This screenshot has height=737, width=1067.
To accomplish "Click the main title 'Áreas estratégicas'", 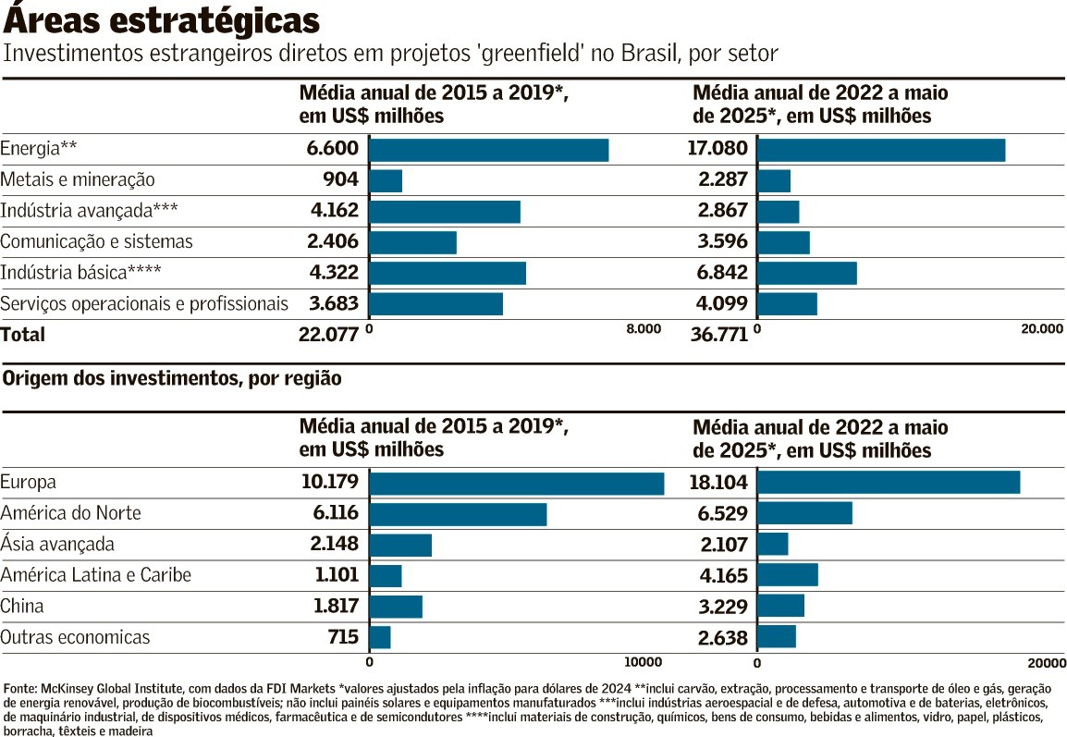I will [x=163, y=19].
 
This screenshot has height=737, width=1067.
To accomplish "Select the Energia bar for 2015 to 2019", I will [x=488, y=150].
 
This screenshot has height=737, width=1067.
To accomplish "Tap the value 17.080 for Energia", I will [x=717, y=149].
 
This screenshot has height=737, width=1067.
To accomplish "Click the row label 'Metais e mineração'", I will [x=78, y=180].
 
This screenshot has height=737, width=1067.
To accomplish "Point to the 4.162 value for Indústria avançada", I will [x=334, y=211].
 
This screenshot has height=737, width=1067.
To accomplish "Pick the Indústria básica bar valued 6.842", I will [x=806, y=273].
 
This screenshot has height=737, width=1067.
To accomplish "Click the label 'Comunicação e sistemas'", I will [x=97, y=242].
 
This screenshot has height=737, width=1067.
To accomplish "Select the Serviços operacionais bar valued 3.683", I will [x=435, y=304].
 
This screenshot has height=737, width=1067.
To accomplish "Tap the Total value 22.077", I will [x=328, y=335].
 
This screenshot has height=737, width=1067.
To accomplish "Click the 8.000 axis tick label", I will [x=644, y=328].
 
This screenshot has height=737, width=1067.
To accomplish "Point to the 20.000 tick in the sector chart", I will [x=1041, y=328].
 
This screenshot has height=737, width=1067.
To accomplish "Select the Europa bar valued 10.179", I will [x=516, y=483].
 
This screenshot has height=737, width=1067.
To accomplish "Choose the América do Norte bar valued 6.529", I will [x=804, y=513].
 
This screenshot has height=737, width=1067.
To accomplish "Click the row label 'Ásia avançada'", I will [x=57, y=544].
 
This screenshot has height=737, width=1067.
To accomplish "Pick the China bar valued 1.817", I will [x=396, y=607].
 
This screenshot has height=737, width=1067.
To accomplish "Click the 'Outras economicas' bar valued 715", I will [x=380, y=637].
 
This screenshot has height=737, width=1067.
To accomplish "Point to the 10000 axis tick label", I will [x=643, y=662].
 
